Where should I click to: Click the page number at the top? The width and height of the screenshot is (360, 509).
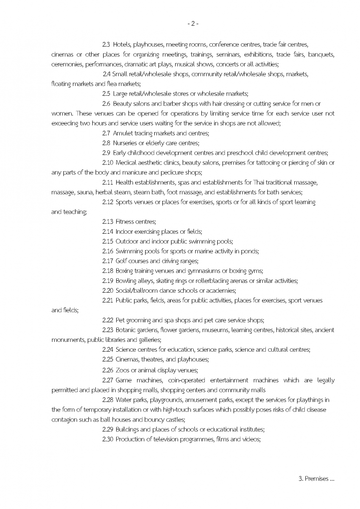point(193,24)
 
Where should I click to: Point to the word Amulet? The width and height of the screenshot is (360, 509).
point(123,133)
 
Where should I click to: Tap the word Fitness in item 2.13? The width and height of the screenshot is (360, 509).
point(124,222)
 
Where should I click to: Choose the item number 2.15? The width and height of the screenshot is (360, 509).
point(108,241)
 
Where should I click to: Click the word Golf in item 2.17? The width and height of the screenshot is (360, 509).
point(121,261)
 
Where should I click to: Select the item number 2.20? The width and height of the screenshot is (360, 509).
point(108,291)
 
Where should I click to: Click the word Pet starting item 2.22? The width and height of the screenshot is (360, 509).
point(119,320)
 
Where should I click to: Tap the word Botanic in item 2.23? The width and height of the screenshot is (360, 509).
point(126,330)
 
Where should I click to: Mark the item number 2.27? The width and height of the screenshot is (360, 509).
point(108,380)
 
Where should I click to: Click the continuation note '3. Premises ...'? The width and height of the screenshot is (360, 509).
point(317,479)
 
